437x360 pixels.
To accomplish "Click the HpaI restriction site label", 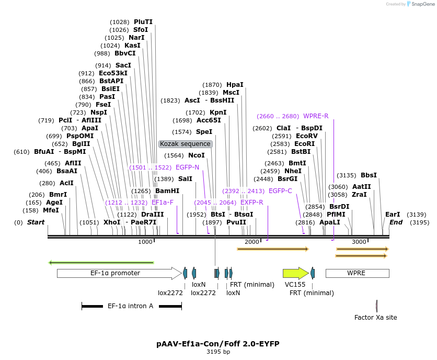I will point(235,85).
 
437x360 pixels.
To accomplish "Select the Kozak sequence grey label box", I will point(185,144).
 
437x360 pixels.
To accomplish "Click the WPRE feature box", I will point(357,273).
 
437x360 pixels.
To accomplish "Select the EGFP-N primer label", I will point(187,167).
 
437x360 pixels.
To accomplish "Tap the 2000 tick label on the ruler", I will point(252,242).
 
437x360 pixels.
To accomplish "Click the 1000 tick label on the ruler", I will point(145,242).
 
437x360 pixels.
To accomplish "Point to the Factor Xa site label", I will point(375,317).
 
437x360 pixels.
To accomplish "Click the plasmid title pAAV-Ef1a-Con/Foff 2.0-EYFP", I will point(218,344).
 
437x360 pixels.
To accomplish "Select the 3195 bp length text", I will point(218,352).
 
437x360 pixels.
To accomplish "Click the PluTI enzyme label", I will point(143,22).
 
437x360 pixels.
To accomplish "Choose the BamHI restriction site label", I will point(167,192).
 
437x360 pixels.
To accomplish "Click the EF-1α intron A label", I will point(130,306).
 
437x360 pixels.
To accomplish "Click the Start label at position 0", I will point(36,222).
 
